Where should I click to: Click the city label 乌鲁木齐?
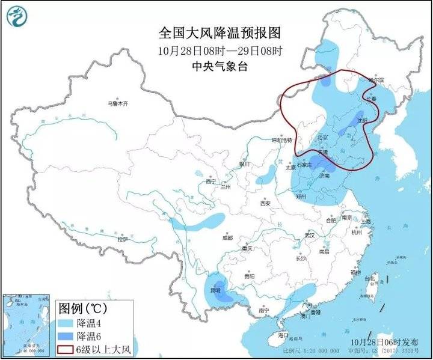point(117,103)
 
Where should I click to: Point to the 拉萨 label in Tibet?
point(123,239)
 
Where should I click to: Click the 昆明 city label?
point(214,290)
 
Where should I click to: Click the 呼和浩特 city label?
point(281,139)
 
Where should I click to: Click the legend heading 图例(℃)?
point(81,308)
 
